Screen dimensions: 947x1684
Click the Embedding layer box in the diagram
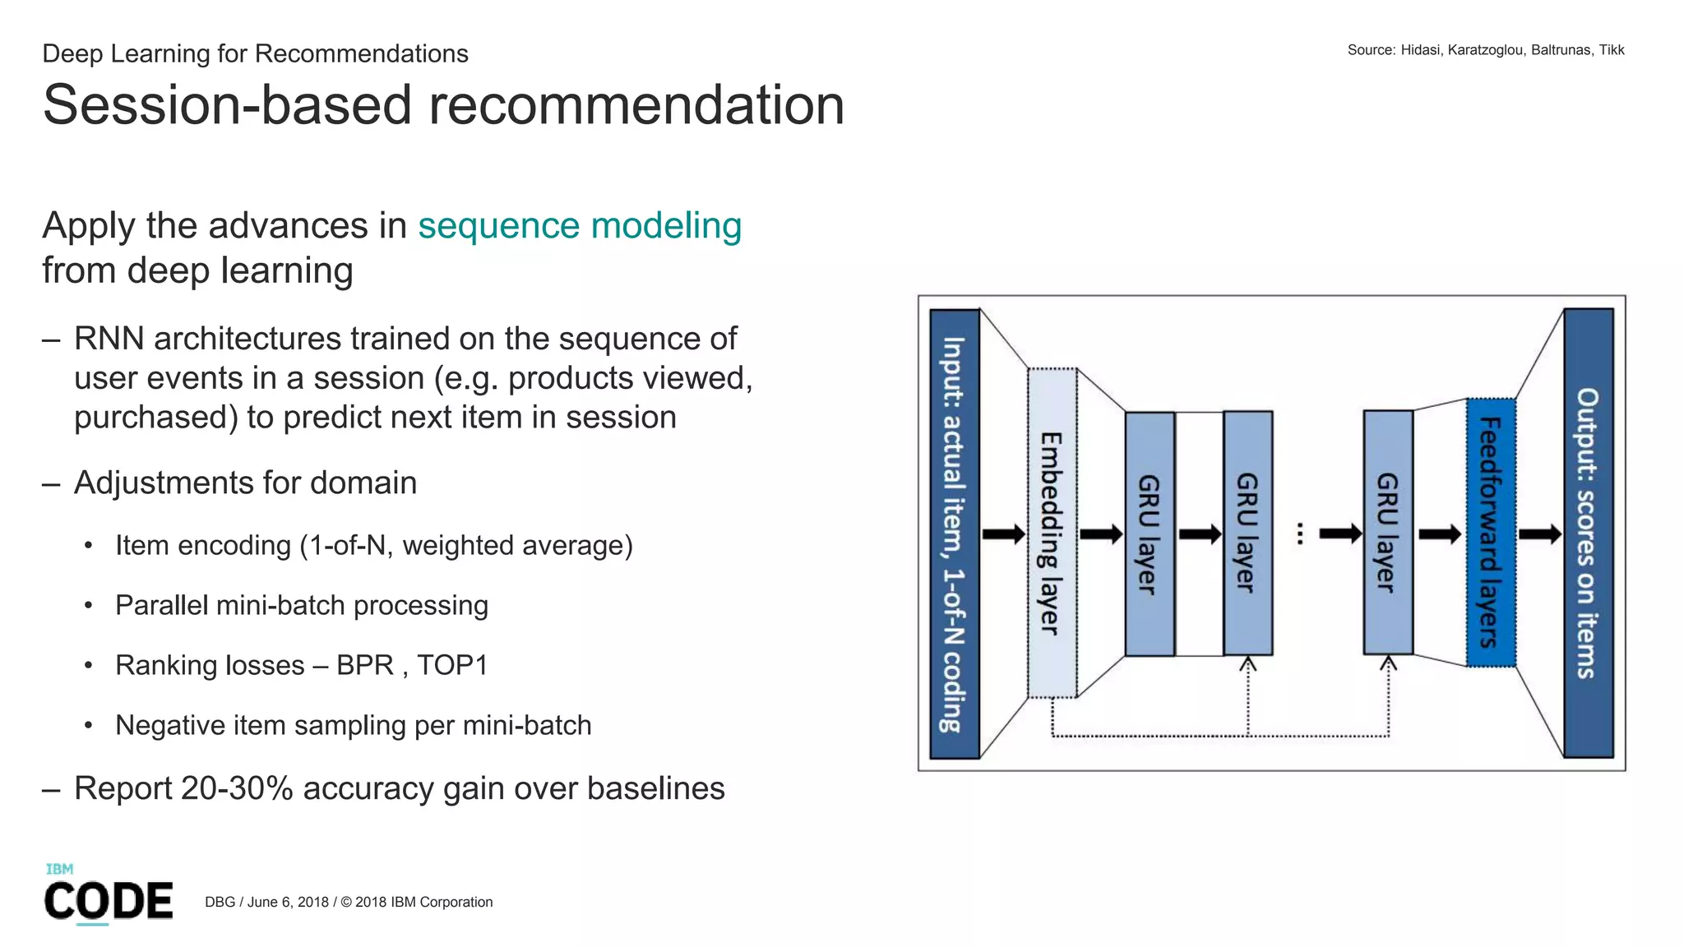1052,533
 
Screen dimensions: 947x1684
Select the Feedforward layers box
1490,533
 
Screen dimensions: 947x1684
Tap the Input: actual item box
954,533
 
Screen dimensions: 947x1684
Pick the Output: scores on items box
1588,533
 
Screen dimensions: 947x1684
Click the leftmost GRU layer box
1150,533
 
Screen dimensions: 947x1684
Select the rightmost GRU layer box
1388,533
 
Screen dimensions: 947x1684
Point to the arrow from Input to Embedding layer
1004,534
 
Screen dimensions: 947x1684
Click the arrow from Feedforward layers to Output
1539,534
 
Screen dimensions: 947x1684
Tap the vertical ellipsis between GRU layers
1300,534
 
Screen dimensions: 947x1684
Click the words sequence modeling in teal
580,226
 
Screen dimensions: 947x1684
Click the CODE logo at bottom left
109,901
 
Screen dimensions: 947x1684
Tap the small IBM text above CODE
59,869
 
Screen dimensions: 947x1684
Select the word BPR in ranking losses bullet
365,665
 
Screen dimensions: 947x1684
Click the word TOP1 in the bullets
452,665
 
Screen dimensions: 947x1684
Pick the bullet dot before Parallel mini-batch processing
88,606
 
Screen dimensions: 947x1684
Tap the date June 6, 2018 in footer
288,902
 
